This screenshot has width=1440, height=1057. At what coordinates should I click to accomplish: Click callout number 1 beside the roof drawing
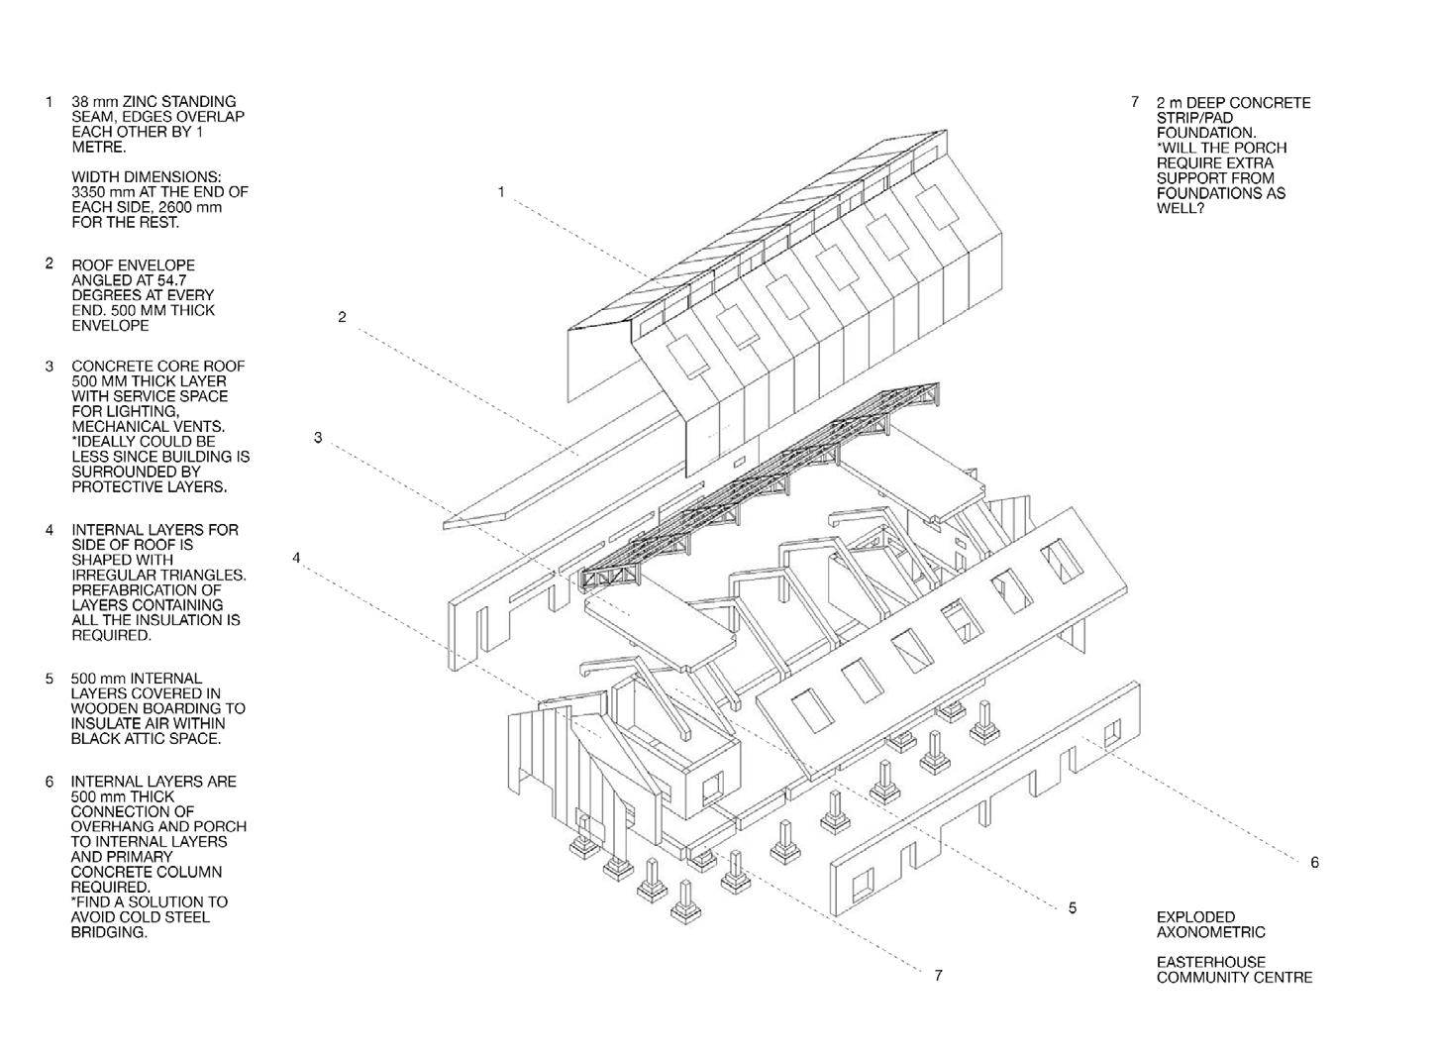point(501,192)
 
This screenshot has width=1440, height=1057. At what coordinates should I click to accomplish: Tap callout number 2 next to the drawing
point(342,317)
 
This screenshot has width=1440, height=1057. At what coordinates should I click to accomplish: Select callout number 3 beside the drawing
point(318,437)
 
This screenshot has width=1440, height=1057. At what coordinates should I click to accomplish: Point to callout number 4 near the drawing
point(296,559)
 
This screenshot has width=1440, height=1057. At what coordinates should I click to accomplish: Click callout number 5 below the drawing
point(1073,907)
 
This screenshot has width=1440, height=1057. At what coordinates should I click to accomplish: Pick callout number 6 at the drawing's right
point(1314,863)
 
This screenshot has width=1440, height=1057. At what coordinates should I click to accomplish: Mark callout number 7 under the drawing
point(938,976)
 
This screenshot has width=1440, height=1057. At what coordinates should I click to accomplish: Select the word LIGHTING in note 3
point(150,411)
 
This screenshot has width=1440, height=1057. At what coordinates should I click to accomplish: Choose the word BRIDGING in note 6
point(109,932)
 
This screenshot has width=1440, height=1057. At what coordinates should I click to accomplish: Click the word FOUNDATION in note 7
point(1205,133)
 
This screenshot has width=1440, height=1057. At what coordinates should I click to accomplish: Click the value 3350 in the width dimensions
point(90,191)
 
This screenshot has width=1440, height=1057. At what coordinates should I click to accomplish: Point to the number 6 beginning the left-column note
point(49,782)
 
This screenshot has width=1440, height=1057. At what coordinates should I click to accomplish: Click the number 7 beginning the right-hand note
point(1135,102)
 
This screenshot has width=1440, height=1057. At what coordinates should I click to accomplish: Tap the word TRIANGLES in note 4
point(207,575)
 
